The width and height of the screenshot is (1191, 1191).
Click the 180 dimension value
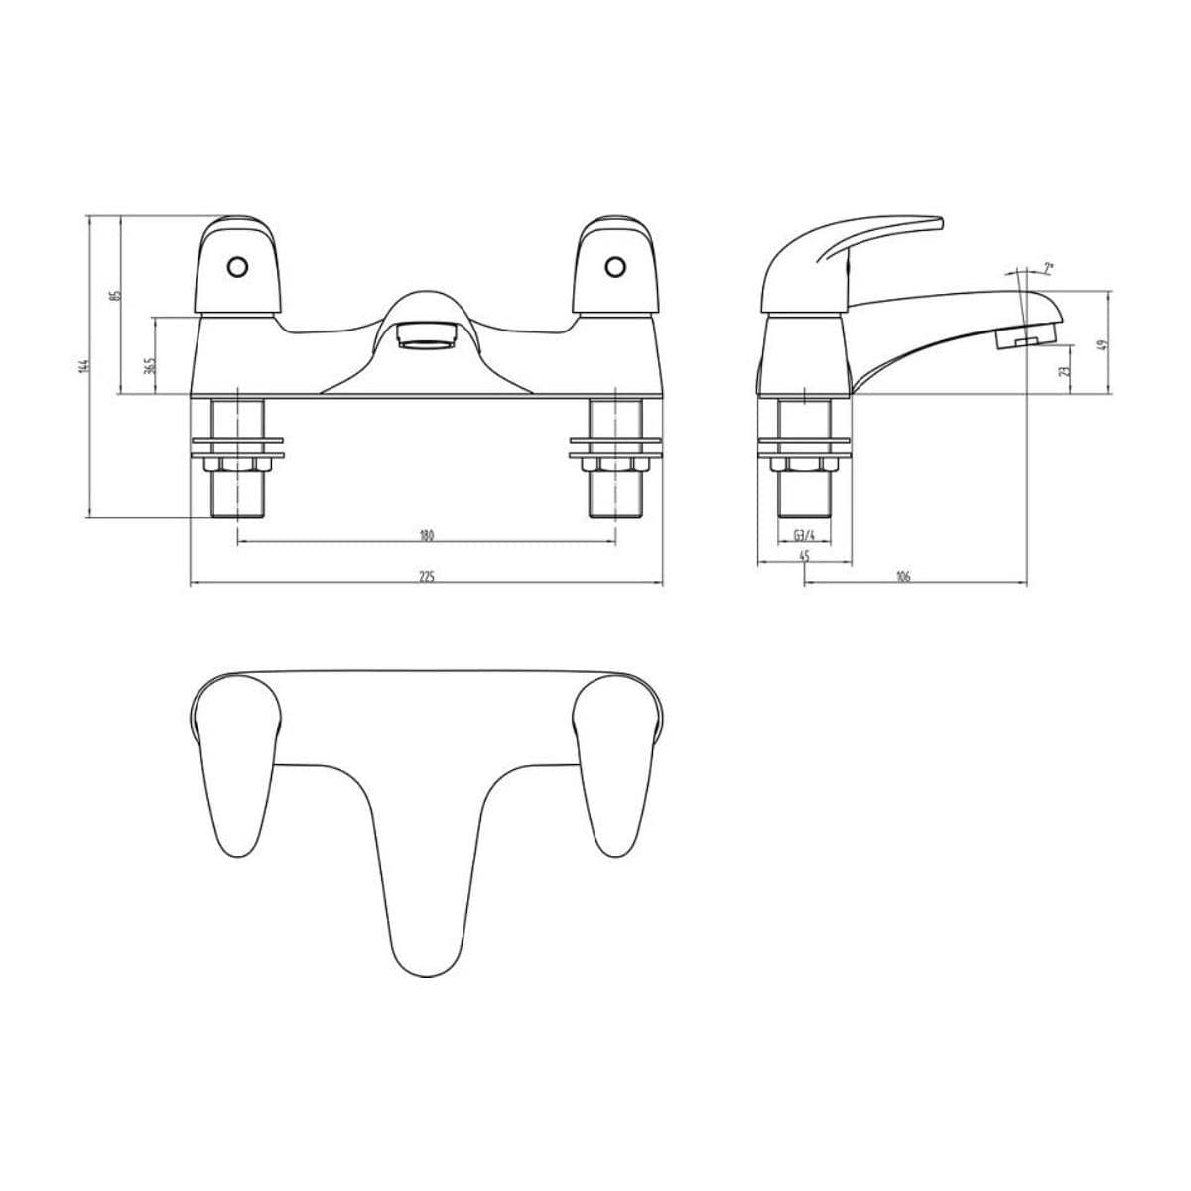[x=427, y=535]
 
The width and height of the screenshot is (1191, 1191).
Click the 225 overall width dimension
[x=427, y=577]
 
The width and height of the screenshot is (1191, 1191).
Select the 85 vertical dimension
[x=115, y=295]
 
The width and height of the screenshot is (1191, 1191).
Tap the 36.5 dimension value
[x=149, y=365]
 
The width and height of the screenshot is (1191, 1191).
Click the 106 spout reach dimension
[x=903, y=577]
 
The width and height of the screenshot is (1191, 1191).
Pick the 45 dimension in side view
[x=804, y=556]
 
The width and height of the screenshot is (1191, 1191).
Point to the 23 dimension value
[x=1063, y=370]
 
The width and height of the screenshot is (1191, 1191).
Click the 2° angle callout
[x=1049, y=268]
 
